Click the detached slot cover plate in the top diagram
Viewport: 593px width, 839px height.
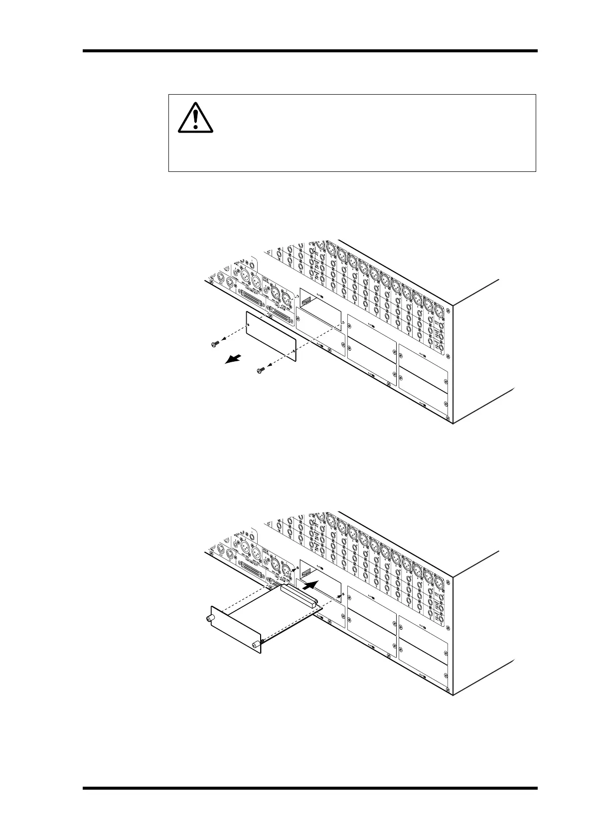pos(271,335)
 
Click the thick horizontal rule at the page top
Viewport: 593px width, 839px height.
pos(310,51)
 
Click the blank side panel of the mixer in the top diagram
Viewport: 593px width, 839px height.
pos(481,354)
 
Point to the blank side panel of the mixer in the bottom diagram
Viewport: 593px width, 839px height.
pos(481,625)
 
